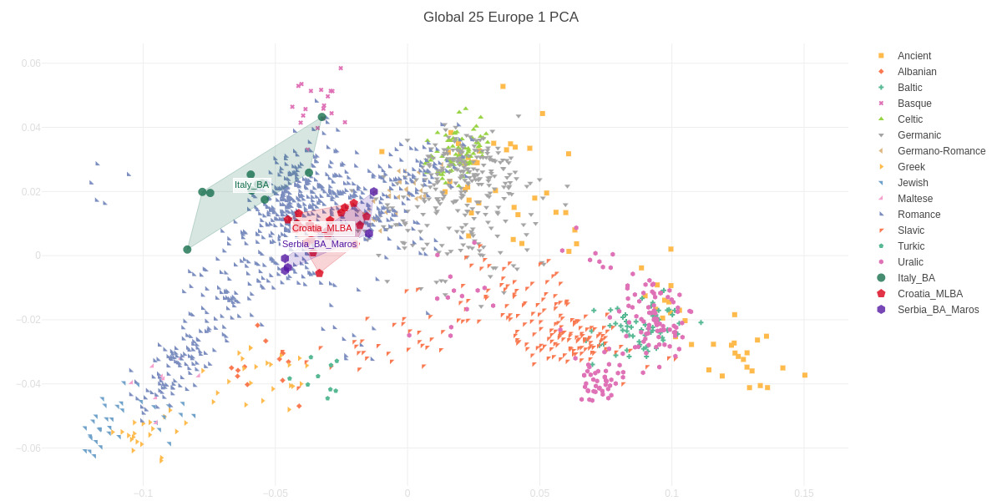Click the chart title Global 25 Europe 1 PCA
pyautogui.click(x=500, y=18)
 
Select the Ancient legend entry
pyautogui.click(x=913, y=56)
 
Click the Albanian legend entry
pyautogui.click(x=916, y=72)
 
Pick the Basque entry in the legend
pyautogui.click(x=914, y=104)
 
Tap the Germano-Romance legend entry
pyautogui.click(x=941, y=151)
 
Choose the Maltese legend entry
pyautogui.click(x=915, y=199)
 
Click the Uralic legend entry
pyautogui.click(x=910, y=262)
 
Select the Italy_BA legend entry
pyautogui.click(x=916, y=278)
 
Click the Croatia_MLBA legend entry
pyautogui.click(x=929, y=294)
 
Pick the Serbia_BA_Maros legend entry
pyautogui.click(x=938, y=310)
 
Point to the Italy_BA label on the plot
pyautogui.click(x=251, y=185)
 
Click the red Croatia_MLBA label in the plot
pyautogui.click(x=321, y=228)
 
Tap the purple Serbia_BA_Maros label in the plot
pyautogui.click(x=319, y=244)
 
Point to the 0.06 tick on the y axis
pyautogui.click(x=31, y=63)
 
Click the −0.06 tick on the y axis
pyautogui.click(x=28, y=448)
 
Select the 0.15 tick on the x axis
pyautogui.click(x=804, y=493)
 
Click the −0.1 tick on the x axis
pyautogui.click(x=143, y=493)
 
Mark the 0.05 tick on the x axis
pyautogui.click(x=539, y=493)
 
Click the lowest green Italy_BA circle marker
pyautogui.click(x=187, y=250)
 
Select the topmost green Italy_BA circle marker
pyautogui.click(x=322, y=117)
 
